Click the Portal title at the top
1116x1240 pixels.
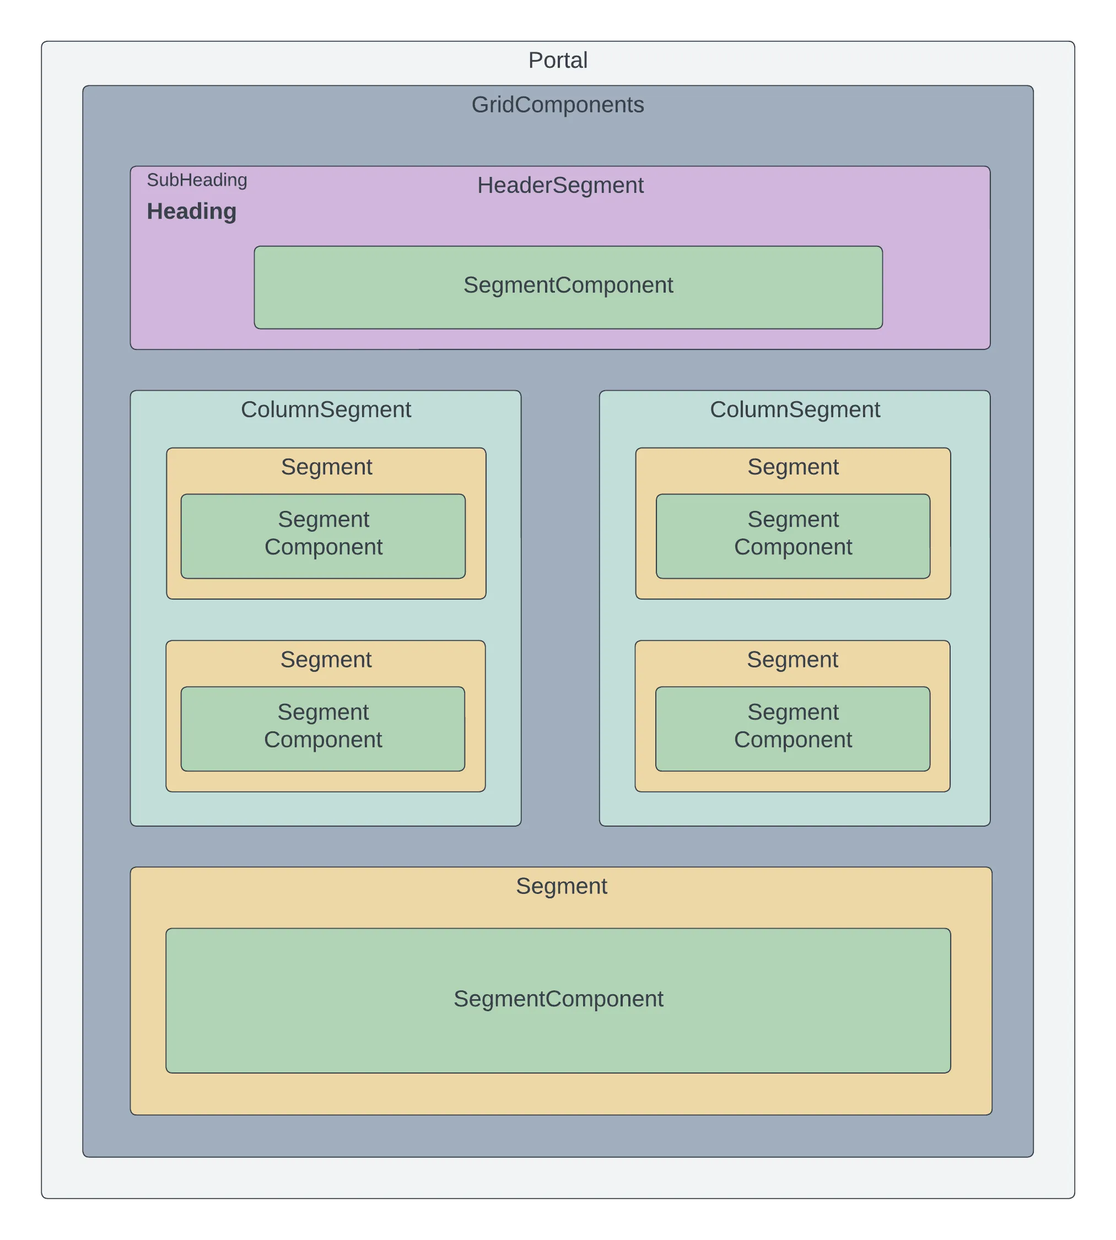click(x=557, y=60)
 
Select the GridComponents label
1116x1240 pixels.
click(x=557, y=104)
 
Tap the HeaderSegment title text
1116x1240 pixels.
click(x=560, y=185)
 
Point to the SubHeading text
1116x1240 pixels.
click(x=197, y=180)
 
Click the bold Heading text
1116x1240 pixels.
click(x=191, y=211)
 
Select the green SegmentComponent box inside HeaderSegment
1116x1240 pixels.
click(x=568, y=288)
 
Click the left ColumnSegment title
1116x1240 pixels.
click(x=326, y=409)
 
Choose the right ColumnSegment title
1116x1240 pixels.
click(x=795, y=409)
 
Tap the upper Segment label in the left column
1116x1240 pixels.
click(x=326, y=467)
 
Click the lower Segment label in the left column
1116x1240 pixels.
click(x=326, y=659)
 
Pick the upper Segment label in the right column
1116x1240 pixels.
click(x=793, y=467)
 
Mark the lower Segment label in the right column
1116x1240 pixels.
click(x=792, y=659)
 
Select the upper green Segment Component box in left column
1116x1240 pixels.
click(x=323, y=536)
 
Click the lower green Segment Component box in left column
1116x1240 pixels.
click(x=323, y=729)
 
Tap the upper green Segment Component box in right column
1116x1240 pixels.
click(x=793, y=536)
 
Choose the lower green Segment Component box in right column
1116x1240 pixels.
click(x=793, y=729)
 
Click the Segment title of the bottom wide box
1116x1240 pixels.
click(x=561, y=886)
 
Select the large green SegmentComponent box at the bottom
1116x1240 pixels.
click(x=558, y=1000)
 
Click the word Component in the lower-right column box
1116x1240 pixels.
click(x=793, y=740)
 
